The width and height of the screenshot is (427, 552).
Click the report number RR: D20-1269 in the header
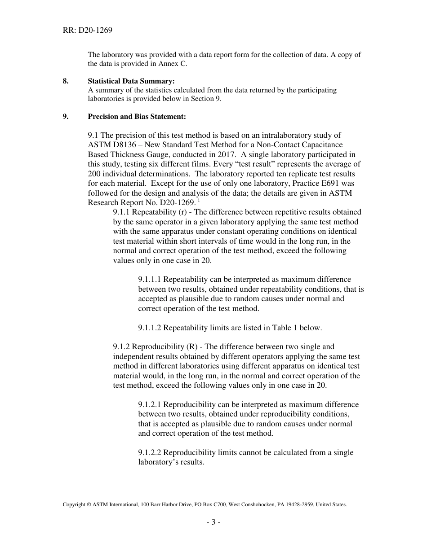point(87,31)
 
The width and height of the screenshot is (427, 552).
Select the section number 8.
point(66,81)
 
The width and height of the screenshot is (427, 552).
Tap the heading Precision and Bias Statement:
point(137,116)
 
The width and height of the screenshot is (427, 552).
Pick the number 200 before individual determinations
point(94,174)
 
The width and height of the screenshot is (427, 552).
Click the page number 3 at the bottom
point(213,522)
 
